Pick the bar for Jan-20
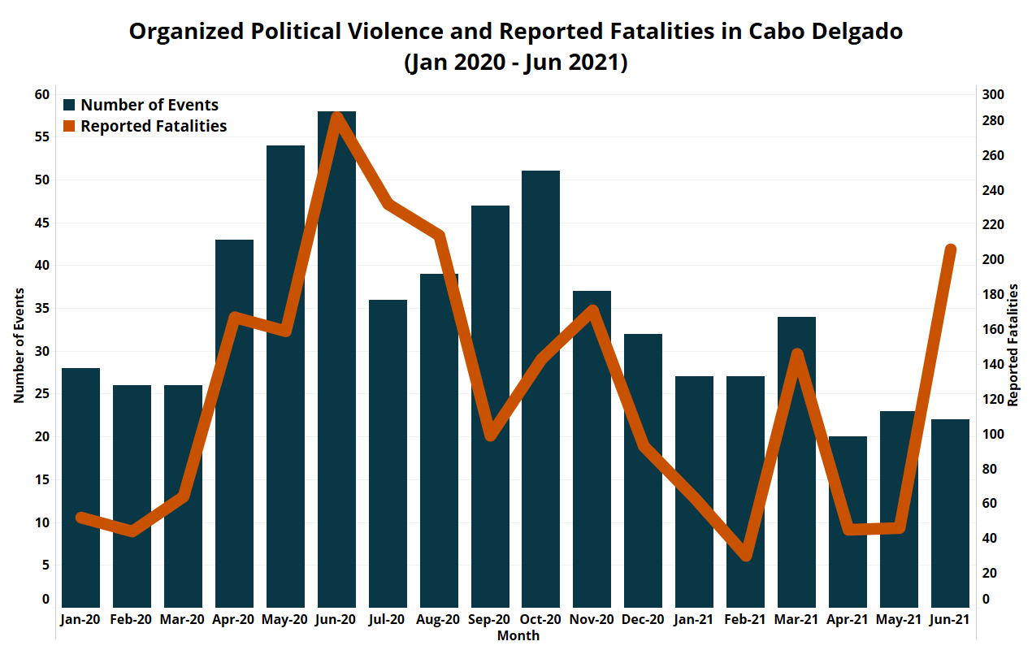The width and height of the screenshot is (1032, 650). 80,487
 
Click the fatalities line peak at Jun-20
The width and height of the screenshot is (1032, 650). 336,115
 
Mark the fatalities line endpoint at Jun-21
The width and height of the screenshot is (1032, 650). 951,249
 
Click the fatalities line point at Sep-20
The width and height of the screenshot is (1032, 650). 490,435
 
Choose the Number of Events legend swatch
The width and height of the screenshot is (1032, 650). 70,105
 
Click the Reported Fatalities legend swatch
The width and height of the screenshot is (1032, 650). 70,126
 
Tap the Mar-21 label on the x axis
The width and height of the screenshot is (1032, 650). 796,620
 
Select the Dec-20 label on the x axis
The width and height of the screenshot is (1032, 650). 643,620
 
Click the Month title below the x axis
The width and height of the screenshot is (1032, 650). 518,635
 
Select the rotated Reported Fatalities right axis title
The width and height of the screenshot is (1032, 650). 1012,345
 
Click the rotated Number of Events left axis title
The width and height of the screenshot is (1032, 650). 18,345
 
